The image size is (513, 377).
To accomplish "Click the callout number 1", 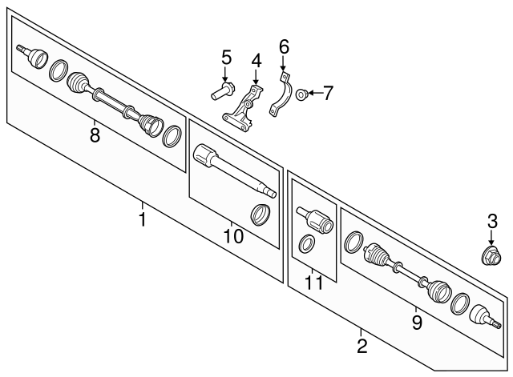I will tap(142, 219).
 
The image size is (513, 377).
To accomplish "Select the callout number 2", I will tap(362, 346).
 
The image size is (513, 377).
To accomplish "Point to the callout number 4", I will tap(256, 61).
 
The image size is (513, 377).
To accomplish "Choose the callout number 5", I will tap(226, 58).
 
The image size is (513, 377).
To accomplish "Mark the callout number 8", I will tap(95, 135).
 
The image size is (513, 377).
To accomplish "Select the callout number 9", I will tap(417, 322).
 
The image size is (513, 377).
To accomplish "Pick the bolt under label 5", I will tap(223, 92).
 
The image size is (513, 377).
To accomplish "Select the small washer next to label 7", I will tap(299, 94).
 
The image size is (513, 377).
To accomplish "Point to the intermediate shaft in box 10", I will tap(232, 170).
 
